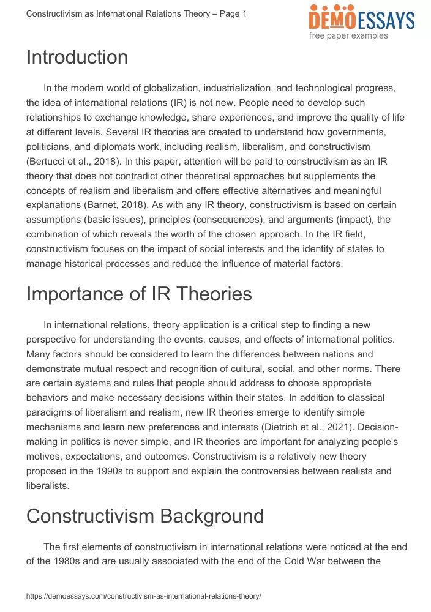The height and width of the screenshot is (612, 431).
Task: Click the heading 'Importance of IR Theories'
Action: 139,294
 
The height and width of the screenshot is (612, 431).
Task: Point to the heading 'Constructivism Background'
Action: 145,516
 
